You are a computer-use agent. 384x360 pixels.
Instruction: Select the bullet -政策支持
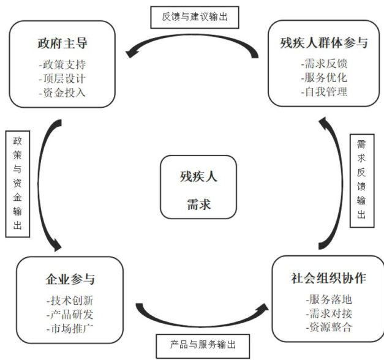[x=63, y=64]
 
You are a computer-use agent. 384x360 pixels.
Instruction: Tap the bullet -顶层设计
[x=63, y=78]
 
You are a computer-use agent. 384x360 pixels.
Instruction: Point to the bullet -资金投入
[x=63, y=92]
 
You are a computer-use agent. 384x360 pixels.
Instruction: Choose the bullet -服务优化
[x=325, y=78]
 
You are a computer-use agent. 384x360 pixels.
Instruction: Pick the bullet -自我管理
[x=325, y=92]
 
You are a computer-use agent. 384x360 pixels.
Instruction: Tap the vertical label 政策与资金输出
[x=17, y=182]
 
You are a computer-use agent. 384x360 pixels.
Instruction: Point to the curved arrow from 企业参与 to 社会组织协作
[x=202, y=318]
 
